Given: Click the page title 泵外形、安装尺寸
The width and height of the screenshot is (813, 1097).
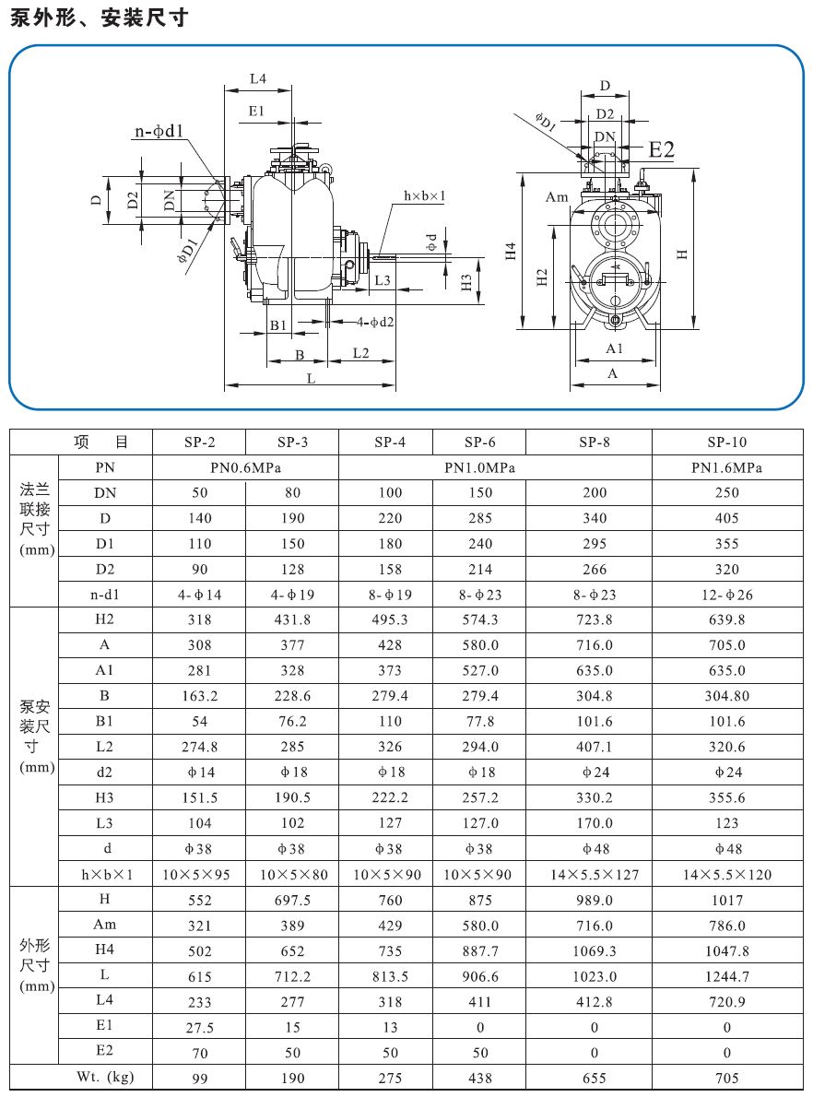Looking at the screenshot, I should point(100,17).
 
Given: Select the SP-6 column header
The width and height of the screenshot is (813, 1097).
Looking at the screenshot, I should point(480,442).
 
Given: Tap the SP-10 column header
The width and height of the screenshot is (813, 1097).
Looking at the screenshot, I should point(726,442).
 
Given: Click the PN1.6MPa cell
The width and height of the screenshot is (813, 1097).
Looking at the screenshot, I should point(726,467).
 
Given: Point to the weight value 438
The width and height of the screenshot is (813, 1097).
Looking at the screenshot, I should point(480,1078).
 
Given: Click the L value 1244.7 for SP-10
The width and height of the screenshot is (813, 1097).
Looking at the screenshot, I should point(726,976).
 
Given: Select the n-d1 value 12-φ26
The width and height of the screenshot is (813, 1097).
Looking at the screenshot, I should point(726,595).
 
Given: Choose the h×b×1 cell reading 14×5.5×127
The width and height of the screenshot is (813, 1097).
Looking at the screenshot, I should point(595,874).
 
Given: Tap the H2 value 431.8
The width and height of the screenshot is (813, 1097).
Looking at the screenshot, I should point(292,619).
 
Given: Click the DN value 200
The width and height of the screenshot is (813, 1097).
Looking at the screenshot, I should point(595,492).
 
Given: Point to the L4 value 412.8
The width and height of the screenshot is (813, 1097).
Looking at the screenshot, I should point(595,1001).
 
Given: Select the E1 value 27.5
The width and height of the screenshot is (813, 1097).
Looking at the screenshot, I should point(199,1027).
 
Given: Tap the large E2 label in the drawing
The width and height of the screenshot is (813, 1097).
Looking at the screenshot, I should point(662,149).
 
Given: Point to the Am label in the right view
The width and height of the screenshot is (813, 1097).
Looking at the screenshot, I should point(557,197).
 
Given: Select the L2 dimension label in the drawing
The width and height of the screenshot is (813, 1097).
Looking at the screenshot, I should point(360,354).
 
